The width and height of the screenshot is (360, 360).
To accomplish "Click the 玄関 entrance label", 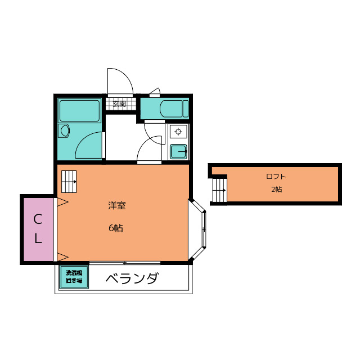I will click(119, 104).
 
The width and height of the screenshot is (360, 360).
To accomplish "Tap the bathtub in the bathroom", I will click(79, 110).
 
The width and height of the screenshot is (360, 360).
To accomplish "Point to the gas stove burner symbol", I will click(179, 132).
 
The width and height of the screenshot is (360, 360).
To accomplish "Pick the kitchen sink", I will click(179, 151).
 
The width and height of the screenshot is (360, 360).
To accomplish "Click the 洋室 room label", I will click(116, 205).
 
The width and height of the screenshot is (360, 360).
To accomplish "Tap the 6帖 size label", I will click(116, 228).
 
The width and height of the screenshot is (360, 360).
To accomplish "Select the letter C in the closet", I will click(37, 218).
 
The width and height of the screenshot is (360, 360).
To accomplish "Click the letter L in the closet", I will click(37, 238).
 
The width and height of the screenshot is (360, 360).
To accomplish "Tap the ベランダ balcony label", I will click(132, 278).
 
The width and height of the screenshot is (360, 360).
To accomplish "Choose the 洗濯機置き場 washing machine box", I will click(74, 277).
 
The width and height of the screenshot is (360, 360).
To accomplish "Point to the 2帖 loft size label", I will click(276, 190).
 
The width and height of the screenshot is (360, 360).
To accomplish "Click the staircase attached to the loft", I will click(219, 190).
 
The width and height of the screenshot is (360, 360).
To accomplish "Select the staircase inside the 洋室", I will click(69, 179).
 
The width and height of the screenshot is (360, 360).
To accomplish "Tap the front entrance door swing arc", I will click(120, 80).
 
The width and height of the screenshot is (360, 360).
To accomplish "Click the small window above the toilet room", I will click(155, 93).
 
